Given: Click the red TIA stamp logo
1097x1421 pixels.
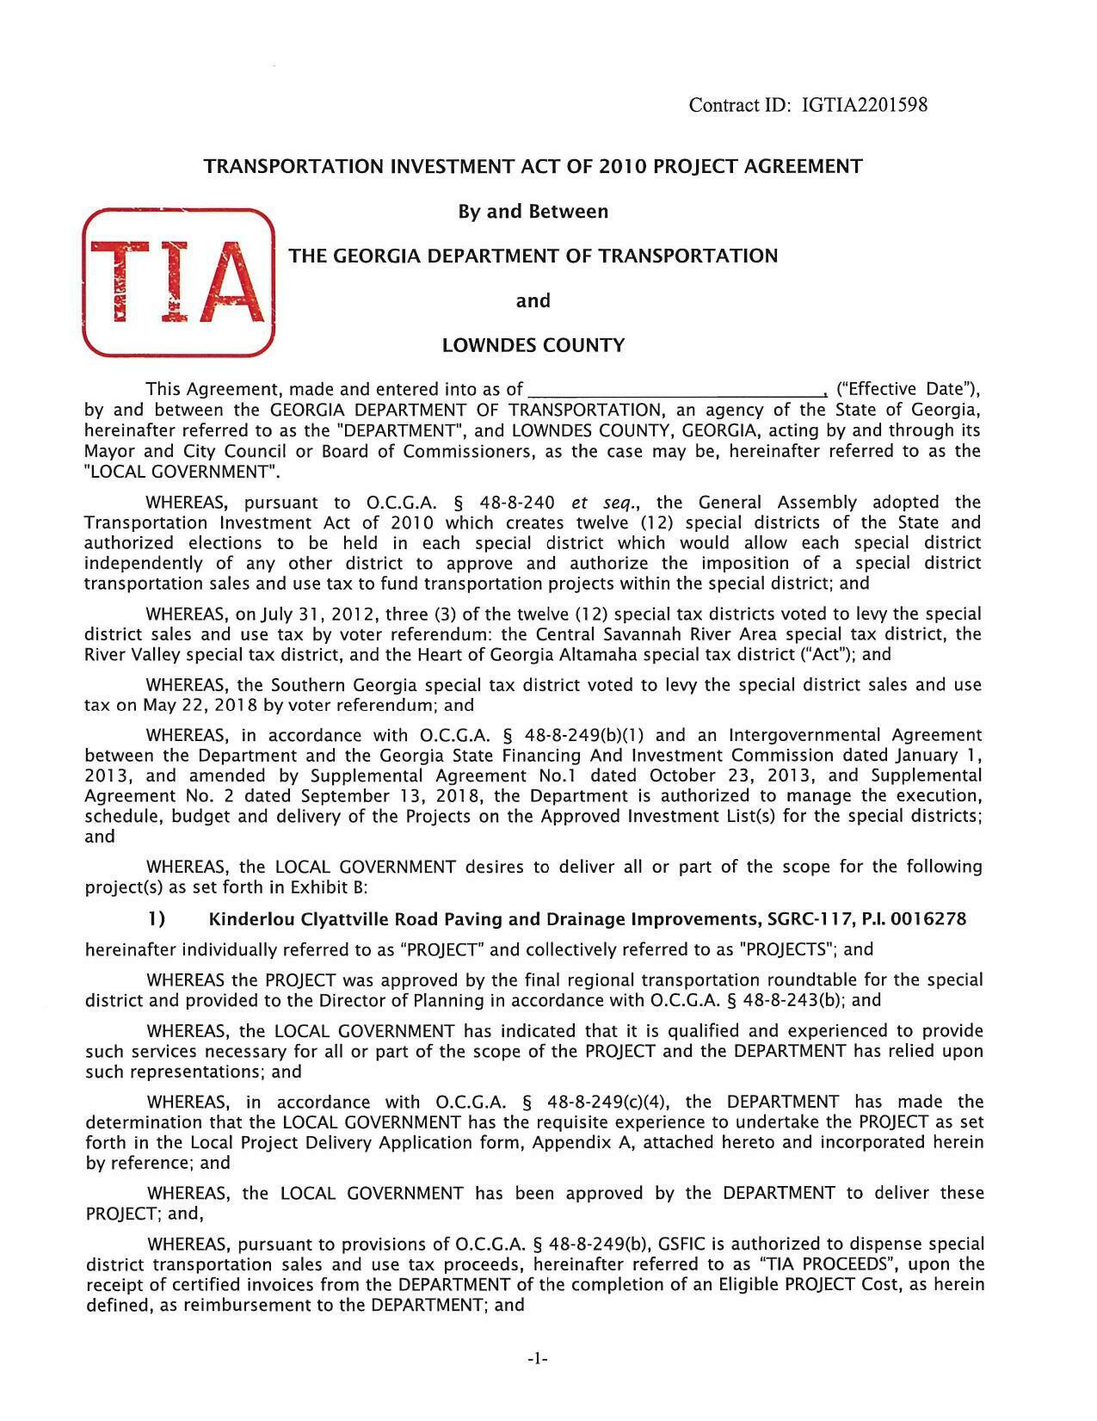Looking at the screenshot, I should tap(178, 282).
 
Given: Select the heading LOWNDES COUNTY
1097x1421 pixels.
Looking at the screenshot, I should tap(533, 346).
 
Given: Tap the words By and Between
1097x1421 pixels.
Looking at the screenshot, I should tap(533, 212).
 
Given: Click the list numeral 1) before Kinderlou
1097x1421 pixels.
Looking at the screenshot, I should tap(156, 919).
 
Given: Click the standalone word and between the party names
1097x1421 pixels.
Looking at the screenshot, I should tap(533, 301).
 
